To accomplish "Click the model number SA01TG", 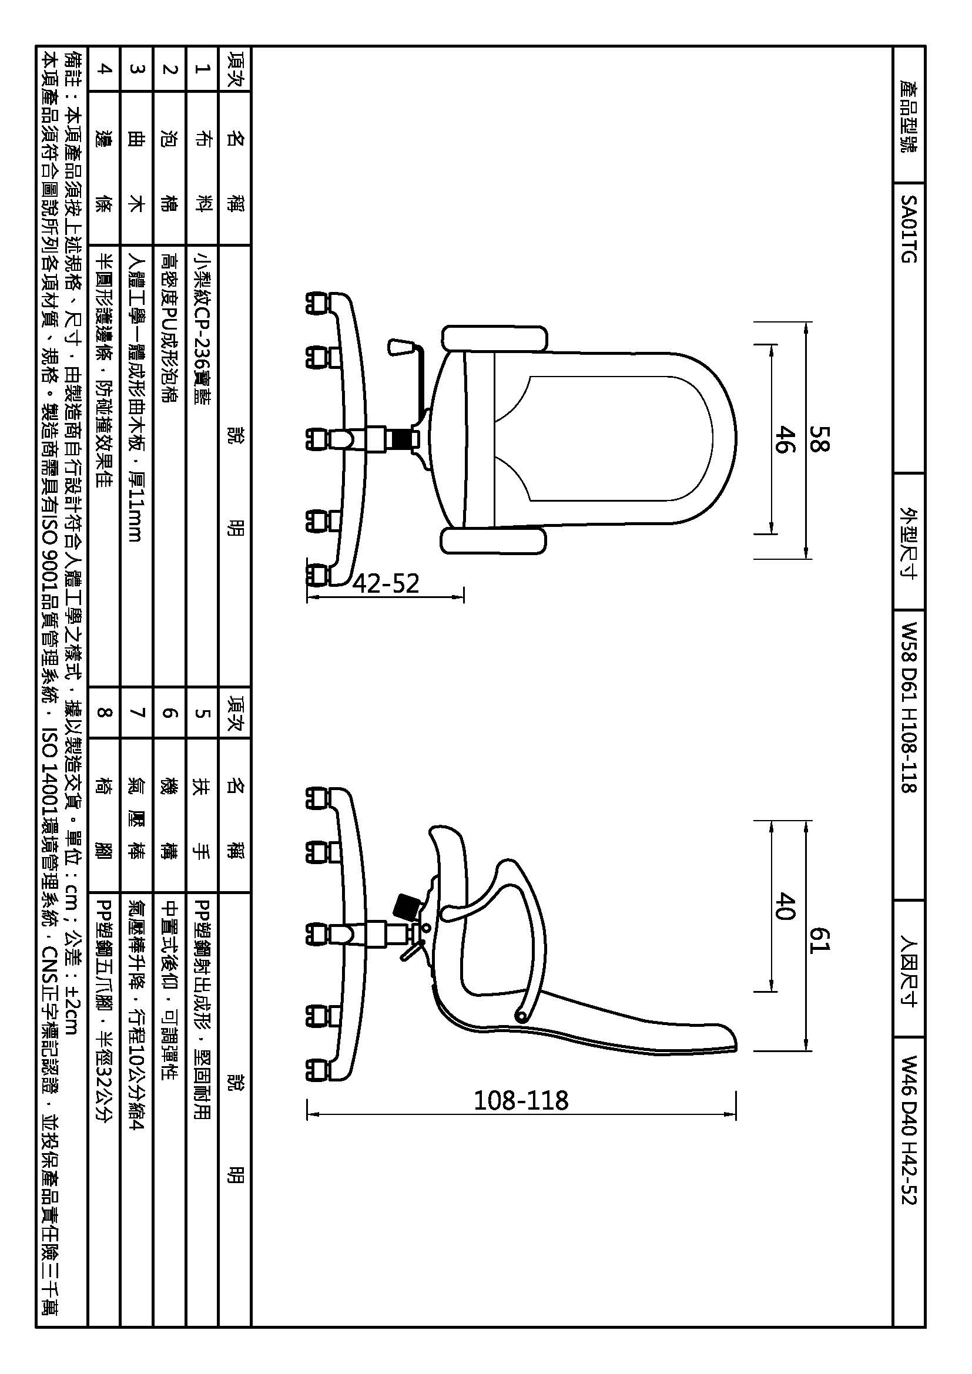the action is (909, 229).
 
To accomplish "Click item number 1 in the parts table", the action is (202, 69).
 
